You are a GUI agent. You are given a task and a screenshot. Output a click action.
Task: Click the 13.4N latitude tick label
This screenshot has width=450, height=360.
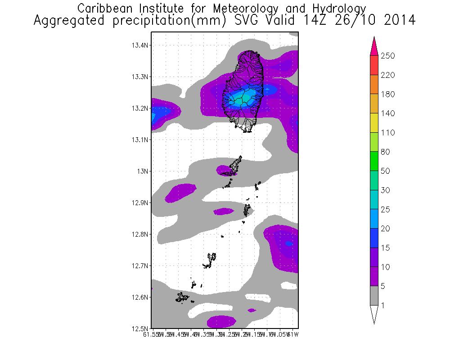pos(139,45)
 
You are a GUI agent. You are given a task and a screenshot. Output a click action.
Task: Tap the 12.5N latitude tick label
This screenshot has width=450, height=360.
pos(139,328)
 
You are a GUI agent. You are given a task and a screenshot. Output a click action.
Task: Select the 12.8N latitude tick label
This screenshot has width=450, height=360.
pos(139,234)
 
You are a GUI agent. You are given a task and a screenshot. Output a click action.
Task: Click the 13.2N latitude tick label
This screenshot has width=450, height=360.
pos(139,108)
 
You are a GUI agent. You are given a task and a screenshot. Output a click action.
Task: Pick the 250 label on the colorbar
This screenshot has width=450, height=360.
pos(388,56)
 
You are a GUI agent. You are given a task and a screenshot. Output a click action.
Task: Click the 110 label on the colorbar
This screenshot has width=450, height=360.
pos(388,133)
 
